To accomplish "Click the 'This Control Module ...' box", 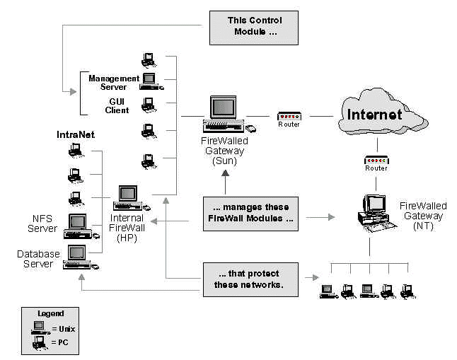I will point(253,26).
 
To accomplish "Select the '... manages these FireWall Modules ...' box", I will point(248,213).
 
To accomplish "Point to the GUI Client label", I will point(118,106).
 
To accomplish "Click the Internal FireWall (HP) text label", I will point(127,228).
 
